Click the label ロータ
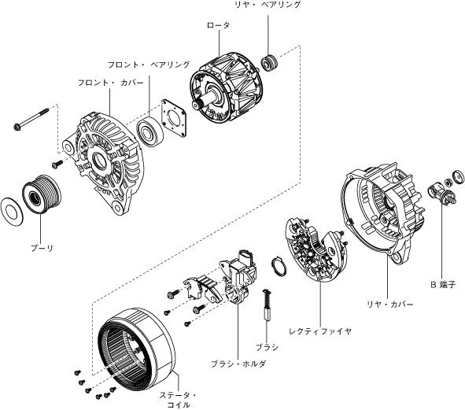pyautogui.click(x=218, y=25)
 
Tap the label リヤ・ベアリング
pyautogui.click(x=268, y=5)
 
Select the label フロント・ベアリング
pyautogui.click(x=149, y=65)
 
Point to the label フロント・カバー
pyautogui.click(x=110, y=83)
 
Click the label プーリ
pyautogui.click(x=42, y=248)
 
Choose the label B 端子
pyautogui.click(x=443, y=285)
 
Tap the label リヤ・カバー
pyautogui.click(x=390, y=305)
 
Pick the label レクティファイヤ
pyautogui.click(x=320, y=331)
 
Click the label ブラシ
pyautogui.click(x=267, y=347)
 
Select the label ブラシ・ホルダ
pyautogui.click(x=238, y=364)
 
